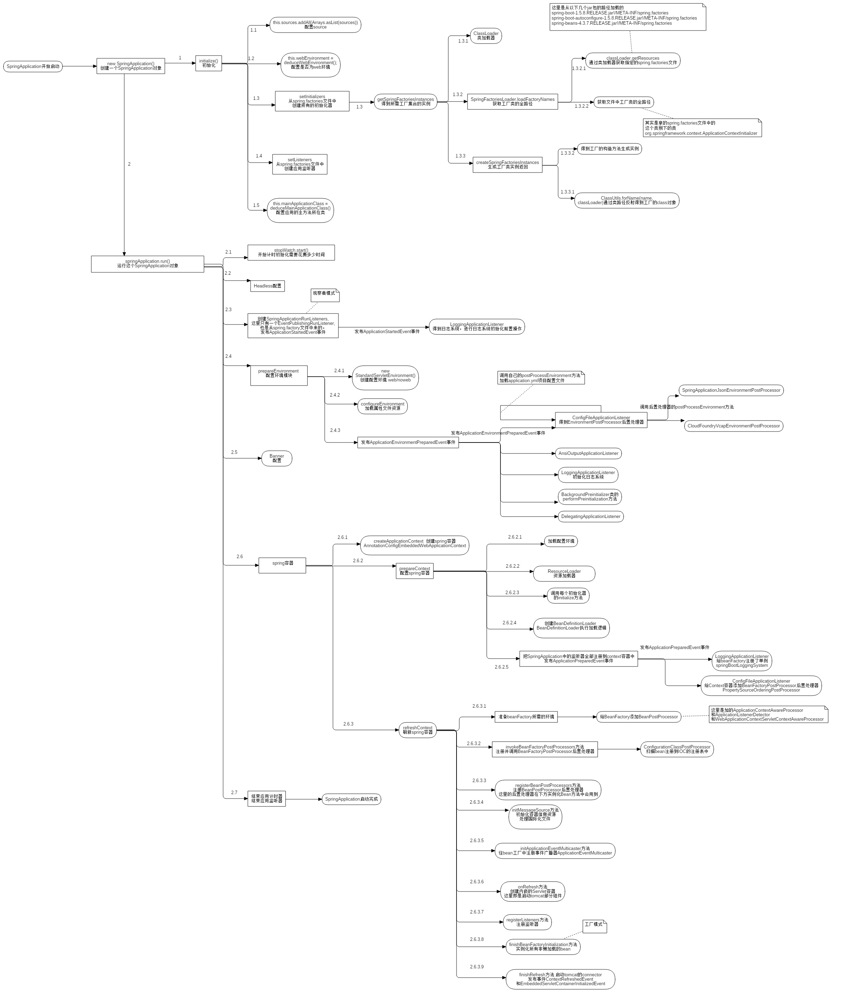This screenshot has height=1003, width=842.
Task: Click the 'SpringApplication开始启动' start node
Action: pos(33,67)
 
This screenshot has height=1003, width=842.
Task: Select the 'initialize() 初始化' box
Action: pos(208,63)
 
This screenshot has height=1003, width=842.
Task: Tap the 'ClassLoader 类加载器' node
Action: pos(486,36)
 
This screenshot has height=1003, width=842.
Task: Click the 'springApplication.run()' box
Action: pos(147,264)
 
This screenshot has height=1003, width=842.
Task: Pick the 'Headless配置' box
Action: pos(267,286)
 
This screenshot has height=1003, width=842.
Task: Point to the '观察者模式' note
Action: pos(324,294)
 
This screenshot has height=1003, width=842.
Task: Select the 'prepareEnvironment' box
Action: pos(279,375)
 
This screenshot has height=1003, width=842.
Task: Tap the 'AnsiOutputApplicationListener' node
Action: pos(588,453)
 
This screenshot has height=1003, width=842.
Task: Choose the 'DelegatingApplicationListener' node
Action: pos(591,516)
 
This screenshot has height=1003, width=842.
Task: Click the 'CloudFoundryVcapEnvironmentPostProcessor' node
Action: pos(734,426)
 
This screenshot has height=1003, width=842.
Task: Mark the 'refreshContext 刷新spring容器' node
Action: pos(418,730)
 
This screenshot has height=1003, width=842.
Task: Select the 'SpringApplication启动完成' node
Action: pos(351,799)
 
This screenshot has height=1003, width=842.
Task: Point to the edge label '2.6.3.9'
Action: pos(476,967)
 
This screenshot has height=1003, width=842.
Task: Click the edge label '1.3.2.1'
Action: pos(579,68)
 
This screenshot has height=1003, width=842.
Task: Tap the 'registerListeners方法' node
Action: pos(527,922)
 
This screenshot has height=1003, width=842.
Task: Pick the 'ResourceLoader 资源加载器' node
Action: pos(564,574)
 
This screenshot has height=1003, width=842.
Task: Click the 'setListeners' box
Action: pos(300,164)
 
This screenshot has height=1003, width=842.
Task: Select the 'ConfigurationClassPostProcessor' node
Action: pos(677,750)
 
